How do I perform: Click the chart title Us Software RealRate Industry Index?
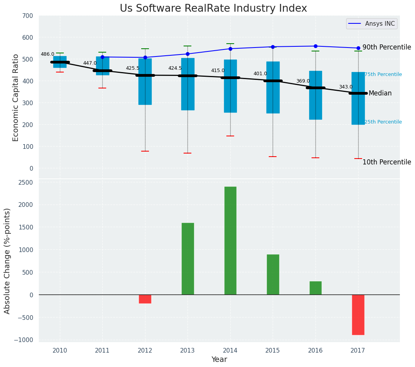pos(213,9)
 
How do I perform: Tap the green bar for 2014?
pos(230,240)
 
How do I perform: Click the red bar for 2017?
pos(358,314)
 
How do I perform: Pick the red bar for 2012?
pos(145,299)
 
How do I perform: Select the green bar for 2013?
pos(187,259)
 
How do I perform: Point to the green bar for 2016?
pos(315,288)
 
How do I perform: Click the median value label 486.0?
pos(47,55)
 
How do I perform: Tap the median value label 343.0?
pos(346,87)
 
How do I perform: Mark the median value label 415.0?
pos(218,71)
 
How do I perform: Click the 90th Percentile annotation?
pos(387,48)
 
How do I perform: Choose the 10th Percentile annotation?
pos(387,162)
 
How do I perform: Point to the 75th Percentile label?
pos(383,75)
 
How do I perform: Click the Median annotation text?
pos(380,94)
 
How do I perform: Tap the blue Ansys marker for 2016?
pos(315,46)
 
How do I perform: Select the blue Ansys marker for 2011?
pos(102,57)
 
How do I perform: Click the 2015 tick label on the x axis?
pos(273,351)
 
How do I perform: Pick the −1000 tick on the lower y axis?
pos(24,340)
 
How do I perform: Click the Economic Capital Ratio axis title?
pos(16,97)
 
